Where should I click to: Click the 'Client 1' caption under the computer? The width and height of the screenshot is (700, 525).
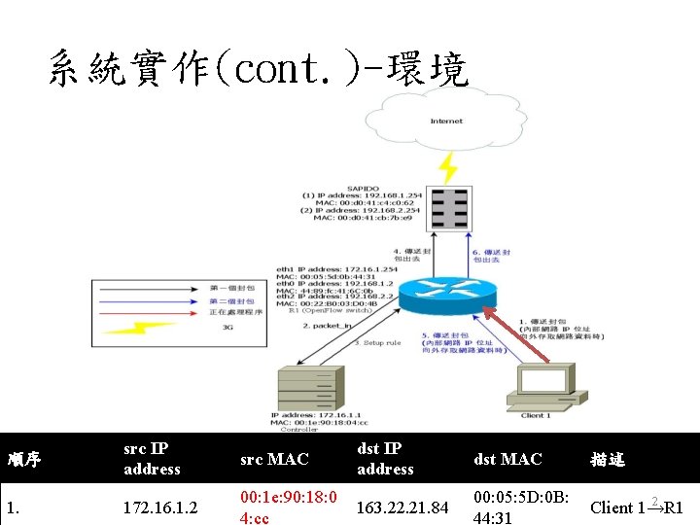[x=536, y=415]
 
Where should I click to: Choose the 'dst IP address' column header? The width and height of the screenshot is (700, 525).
[x=385, y=459]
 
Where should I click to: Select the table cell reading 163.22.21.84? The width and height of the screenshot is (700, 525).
[x=402, y=507]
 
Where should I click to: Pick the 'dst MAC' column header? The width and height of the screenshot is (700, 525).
[x=507, y=459]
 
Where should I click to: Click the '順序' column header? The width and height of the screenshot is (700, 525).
[x=23, y=459]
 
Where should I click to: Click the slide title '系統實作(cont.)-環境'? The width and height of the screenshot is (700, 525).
[x=257, y=69]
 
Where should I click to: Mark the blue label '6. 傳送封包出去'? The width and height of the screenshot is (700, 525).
[x=486, y=255]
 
